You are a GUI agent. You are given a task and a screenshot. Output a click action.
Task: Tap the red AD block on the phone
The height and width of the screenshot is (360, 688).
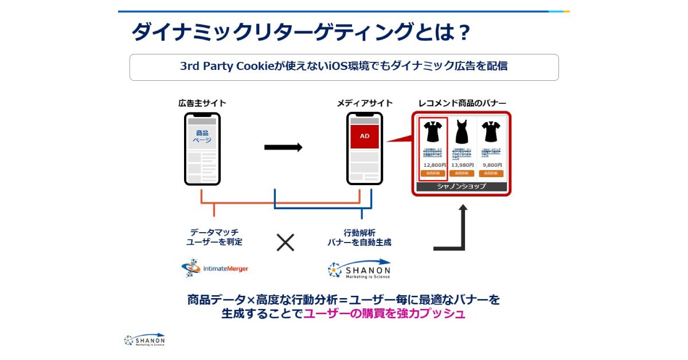[365, 137]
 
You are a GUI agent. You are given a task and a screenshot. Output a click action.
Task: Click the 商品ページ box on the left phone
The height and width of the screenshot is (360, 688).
[202, 136]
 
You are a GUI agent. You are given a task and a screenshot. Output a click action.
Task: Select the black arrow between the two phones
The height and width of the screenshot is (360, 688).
[283, 147]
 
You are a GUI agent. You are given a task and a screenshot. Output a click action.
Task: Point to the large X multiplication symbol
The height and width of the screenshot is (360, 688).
[285, 242]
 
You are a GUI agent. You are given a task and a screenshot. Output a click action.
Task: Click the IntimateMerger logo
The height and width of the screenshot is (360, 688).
[215, 268]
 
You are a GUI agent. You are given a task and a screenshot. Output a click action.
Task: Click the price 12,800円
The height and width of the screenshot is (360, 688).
[435, 165]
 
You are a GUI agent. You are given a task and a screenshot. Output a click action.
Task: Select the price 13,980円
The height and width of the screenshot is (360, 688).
[462, 165]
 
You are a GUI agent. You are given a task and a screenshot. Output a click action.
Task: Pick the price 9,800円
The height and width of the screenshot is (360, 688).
[492, 165]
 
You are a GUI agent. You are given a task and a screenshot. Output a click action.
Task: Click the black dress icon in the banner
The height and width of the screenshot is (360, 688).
[462, 132]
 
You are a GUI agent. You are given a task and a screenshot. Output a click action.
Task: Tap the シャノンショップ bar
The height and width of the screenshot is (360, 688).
[462, 186]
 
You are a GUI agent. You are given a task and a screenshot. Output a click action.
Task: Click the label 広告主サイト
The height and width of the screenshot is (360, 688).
[202, 103]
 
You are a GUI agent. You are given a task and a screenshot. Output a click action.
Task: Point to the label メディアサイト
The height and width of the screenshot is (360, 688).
[365, 103]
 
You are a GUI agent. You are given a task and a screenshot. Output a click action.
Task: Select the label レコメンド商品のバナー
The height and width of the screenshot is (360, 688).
[462, 103]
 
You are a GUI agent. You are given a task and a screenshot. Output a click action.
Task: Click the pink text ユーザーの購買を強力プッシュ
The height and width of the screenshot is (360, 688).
[384, 314]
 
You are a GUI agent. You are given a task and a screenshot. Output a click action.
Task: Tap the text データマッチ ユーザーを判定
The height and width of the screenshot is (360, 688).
[214, 237]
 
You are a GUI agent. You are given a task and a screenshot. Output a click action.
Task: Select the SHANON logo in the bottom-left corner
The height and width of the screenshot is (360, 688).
[144, 340]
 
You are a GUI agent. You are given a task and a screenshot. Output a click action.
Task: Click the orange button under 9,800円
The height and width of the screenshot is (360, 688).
[491, 173]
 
